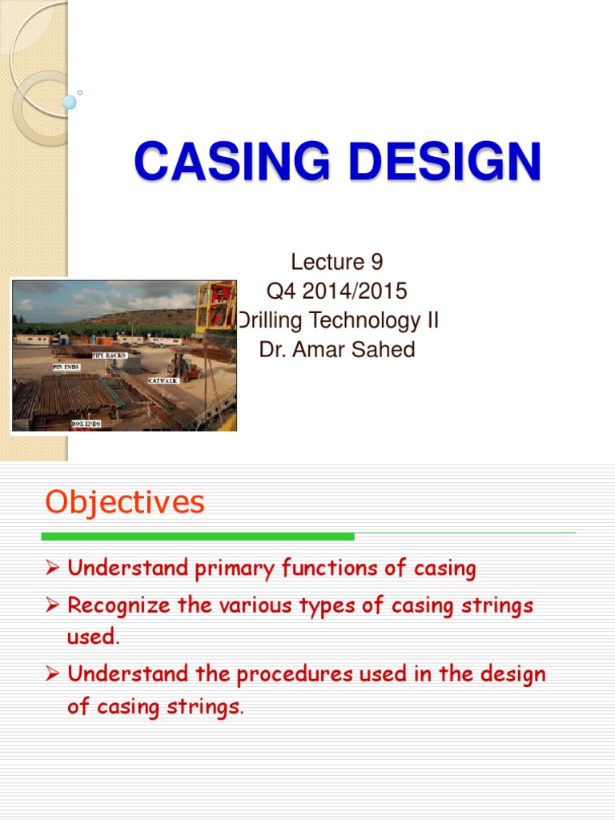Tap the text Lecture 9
tap(336, 262)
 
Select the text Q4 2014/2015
tap(336, 291)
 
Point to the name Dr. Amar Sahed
tap(337, 350)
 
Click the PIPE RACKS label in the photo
tap(109, 355)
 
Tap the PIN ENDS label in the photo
tap(67, 367)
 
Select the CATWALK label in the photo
tap(163, 380)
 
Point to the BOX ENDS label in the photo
tap(86, 423)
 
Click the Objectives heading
tap(125, 503)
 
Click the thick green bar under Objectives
tap(198, 537)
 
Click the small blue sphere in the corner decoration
tap(69, 102)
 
